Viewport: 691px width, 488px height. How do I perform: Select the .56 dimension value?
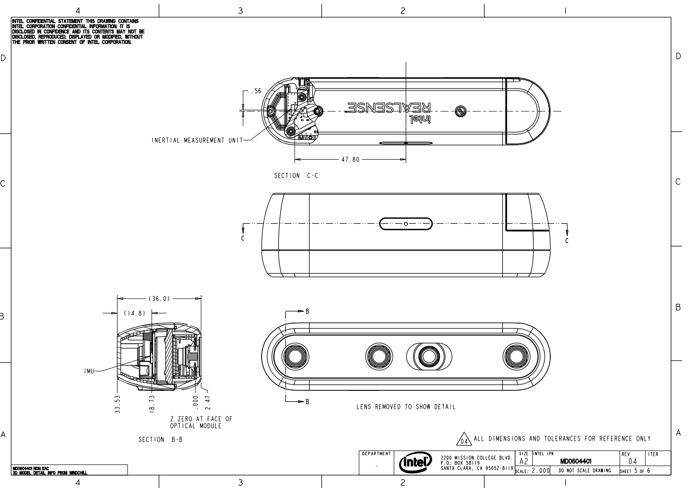click(256, 91)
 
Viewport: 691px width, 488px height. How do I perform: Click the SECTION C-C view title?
click(296, 176)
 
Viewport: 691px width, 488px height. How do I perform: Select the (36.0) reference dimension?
click(159, 298)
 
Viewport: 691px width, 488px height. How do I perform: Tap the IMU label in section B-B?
click(89, 372)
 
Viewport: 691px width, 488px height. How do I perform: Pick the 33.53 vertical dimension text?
click(118, 405)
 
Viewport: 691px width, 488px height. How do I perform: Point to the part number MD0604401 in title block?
click(576, 461)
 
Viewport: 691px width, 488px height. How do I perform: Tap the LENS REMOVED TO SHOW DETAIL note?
click(406, 407)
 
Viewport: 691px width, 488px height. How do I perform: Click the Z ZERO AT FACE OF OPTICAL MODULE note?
click(201, 422)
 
